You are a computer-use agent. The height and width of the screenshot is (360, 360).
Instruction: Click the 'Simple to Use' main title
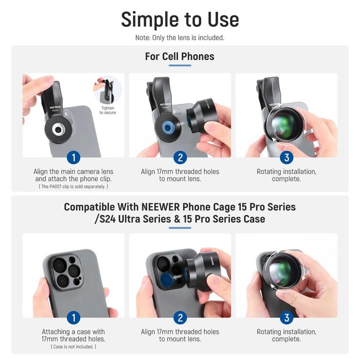click(x=180, y=20)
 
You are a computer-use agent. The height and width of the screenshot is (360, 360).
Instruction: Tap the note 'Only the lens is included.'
click(x=188, y=38)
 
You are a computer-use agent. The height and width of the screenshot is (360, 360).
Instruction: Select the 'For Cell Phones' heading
click(x=180, y=57)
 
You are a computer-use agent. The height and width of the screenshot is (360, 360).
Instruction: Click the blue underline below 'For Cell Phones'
click(x=180, y=65)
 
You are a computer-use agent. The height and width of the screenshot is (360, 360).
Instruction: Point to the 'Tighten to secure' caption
click(x=107, y=110)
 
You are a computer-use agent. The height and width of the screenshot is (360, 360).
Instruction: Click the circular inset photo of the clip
click(x=107, y=90)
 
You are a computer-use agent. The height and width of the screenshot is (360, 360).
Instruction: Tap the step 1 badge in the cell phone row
click(x=74, y=157)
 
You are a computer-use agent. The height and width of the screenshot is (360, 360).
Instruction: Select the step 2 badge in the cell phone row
click(x=180, y=157)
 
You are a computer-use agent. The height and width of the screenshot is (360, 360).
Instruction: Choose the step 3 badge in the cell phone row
click(x=286, y=157)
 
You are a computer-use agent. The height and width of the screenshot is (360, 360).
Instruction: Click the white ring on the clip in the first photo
click(x=53, y=130)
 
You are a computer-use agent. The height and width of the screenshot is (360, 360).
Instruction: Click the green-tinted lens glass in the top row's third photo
click(x=284, y=124)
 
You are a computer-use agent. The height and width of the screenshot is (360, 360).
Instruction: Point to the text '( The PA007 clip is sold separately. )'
click(x=74, y=186)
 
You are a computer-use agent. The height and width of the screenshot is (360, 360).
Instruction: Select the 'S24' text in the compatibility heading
click(x=107, y=219)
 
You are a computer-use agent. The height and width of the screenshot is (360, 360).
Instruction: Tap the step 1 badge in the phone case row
click(x=74, y=318)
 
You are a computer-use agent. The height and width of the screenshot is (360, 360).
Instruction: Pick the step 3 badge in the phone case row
click(x=286, y=318)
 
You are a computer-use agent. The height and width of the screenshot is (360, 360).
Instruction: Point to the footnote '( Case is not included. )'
click(x=74, y=347)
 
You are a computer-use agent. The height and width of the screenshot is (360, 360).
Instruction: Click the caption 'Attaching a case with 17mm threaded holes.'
click(x=74, y=335)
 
